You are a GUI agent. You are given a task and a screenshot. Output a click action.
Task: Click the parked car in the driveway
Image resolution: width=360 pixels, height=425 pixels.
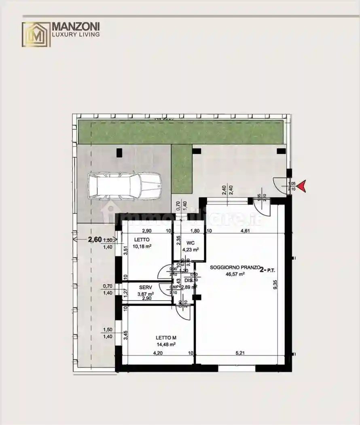coord(124,186)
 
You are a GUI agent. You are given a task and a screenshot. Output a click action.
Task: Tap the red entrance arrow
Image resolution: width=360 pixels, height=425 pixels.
coord(303,186)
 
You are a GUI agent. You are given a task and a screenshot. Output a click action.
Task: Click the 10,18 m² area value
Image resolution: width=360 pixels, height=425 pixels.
coord(143,246)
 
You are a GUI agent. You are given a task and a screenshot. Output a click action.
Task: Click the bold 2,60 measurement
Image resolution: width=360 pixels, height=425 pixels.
coord(95,240)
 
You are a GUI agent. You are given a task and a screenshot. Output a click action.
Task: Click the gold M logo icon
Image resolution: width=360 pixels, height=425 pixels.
coord(36,34)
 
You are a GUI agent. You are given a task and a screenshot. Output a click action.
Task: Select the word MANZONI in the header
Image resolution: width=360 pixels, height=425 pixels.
coord(76,27)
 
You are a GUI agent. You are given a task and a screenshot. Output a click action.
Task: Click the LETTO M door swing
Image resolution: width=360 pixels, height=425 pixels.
coord(183,312)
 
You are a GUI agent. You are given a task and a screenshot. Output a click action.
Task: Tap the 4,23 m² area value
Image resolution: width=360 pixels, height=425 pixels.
coord(190,250)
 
